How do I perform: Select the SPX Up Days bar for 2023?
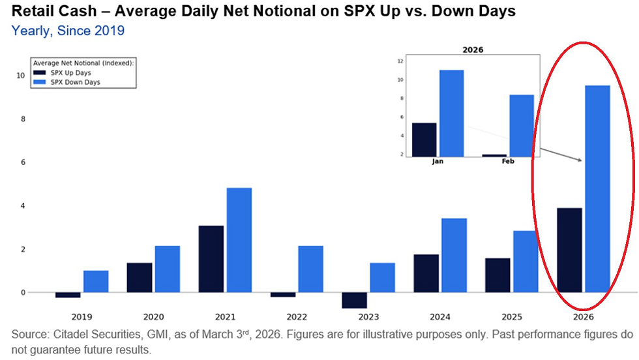(x=354, y=300)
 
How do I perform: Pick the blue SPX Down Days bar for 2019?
(x=96, y=281)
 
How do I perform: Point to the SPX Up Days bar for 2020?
(x=140, y=277)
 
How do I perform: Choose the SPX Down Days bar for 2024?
(x=454, y=255)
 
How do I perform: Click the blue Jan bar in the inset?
(x=451, y=113)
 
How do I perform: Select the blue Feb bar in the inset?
(x=522, y=125)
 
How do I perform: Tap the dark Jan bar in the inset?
(x=424, y=140)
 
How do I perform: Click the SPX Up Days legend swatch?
(x=40, y=73)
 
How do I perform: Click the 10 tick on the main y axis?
(x=21, y=76)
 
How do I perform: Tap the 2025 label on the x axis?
(x=498, y=317)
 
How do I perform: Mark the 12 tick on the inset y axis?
(x=400, y=61)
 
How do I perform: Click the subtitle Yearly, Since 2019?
(x=68, y=31)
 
